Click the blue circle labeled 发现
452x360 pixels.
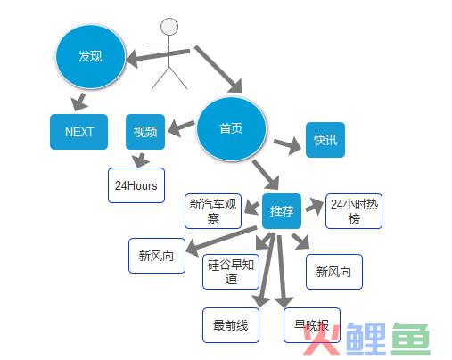[x=90, y=56]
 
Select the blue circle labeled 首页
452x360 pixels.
[x=231, y=129]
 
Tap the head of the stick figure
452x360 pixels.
[x=169, y=27]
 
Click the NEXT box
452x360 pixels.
[x=78, y=132]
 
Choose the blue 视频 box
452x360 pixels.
[x=145, y=132]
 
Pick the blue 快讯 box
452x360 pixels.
[x=325, y=140]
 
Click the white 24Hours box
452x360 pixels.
[x=136, y=185]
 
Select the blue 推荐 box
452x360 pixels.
[x=282, y=211]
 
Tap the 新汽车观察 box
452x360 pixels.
[x=213, y=211]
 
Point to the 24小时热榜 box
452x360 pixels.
[x=354, y=211]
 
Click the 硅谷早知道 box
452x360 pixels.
[x=231, y=272]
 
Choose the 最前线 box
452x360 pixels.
[x=231, y=325]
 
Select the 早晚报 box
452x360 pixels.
[x=312, y=325]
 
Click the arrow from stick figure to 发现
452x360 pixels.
[x=158, y=56]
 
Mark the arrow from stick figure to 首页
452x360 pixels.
[x=218, y=69]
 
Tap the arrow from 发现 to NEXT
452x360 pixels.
[x=79, y=102]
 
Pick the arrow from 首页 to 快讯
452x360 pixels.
[x=287, y=144]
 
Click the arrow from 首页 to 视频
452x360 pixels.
[x=181, y=127]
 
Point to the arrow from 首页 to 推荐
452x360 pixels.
[x=266, y=175]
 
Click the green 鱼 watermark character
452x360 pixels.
[x=411, y=339]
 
